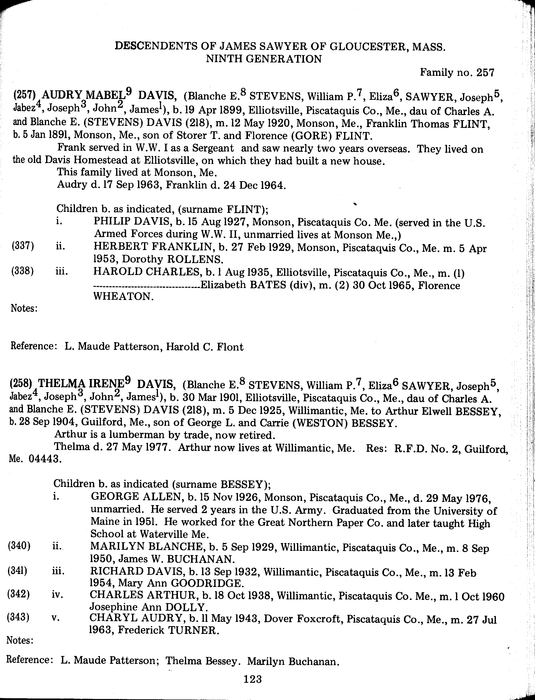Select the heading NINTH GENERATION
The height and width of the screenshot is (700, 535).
point(264,59)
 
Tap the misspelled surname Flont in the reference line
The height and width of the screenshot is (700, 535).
point(230,346)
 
